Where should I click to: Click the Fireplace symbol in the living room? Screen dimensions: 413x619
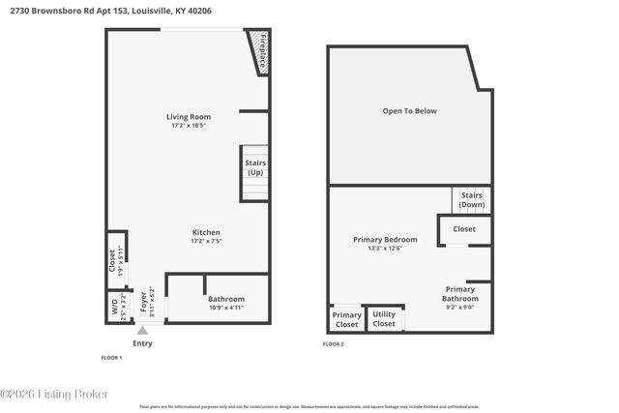coord(258,52)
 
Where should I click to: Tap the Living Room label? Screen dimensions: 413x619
coord(188,117)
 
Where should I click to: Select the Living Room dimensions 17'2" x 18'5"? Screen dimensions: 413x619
coord(188,126)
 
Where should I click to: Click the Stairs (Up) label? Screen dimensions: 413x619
coord(255,167)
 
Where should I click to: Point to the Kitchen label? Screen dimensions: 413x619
coord(206,232)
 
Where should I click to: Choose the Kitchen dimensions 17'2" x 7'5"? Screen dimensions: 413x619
coord(206,242)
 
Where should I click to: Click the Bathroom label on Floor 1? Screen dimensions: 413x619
coord(226,299)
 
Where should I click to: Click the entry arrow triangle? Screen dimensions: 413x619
coord(142,331)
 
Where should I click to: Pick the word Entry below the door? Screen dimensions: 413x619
coord(142,343)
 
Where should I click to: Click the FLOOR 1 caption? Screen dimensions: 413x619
coord(111,358)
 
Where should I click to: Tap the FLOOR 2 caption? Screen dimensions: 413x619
coord(333,343)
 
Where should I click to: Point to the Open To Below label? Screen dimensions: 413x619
coord(409,111)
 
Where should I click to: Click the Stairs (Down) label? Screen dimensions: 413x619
coord(472,200)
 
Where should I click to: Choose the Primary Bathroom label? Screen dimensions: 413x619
coord(459,294)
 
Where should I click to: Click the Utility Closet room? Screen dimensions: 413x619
coord(384,318)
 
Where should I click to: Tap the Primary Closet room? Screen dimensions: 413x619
coord(346,318)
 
